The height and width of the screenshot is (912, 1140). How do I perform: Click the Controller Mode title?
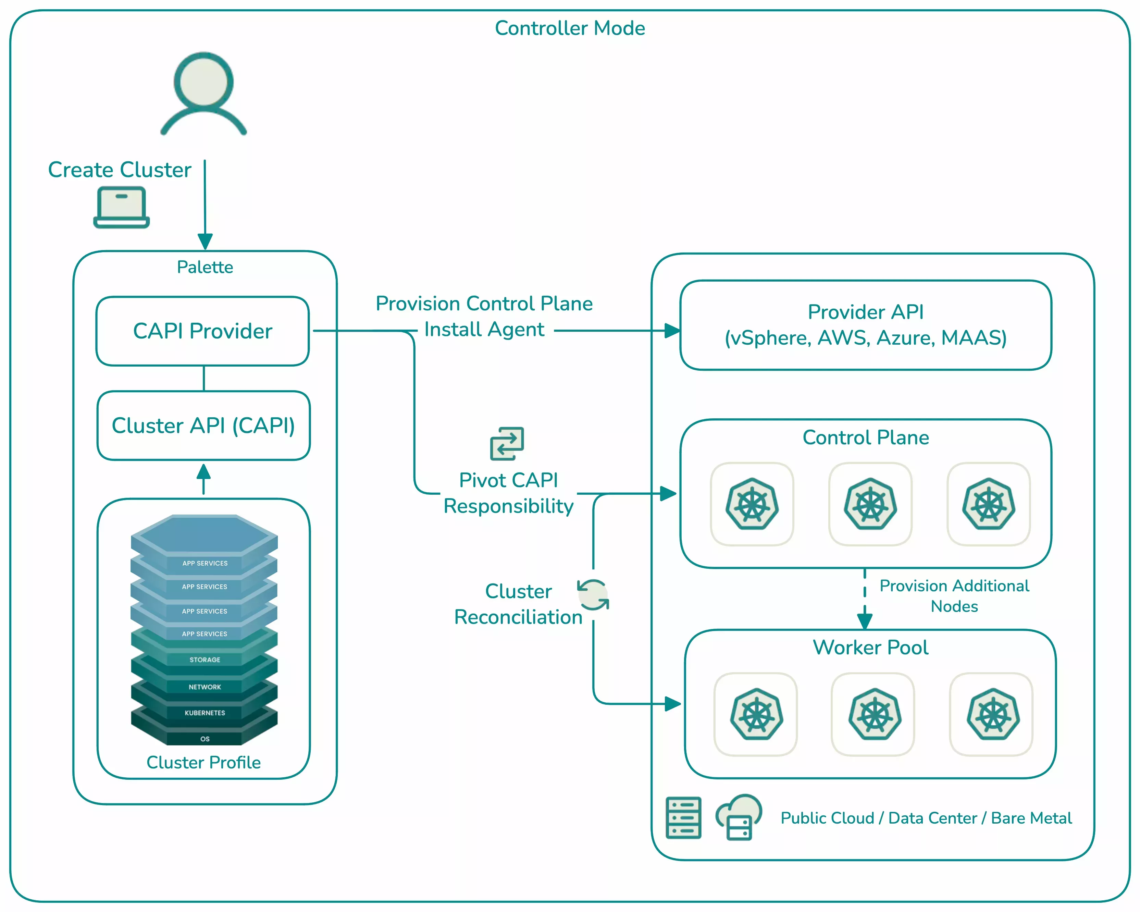pos(569,28)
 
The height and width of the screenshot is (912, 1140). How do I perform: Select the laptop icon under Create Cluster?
pos(122,207)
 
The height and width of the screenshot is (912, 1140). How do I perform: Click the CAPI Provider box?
pos(202,331)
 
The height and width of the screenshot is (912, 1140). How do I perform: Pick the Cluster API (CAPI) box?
pos(203,426)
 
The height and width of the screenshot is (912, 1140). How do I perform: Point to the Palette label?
pos(205,267)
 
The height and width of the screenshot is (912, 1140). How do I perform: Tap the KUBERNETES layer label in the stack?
pos(205,713)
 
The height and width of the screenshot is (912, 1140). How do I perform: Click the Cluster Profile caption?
pos(203,762)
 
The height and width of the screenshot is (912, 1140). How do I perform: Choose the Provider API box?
pos(866,325)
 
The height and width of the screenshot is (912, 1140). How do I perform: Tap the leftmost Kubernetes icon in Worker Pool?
pos(756,714)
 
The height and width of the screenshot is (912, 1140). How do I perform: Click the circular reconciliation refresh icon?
pos(593,595)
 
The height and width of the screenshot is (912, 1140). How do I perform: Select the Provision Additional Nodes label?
pos(954,596)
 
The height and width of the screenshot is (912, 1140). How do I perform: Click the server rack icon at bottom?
pos(683,817)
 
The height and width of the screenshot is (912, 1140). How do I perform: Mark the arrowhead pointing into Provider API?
pos(672,331)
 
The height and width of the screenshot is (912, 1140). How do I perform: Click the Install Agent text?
pos(484,329)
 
